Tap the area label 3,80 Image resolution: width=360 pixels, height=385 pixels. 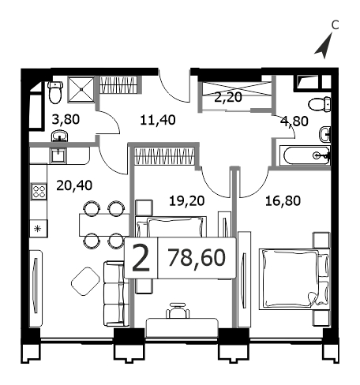coord(66,119)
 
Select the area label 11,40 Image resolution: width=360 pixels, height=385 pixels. coord(158,120)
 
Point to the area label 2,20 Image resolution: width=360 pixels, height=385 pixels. coord(228,98)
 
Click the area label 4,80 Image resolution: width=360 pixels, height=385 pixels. coord(294,121)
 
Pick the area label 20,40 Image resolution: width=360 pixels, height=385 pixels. coord(74,185)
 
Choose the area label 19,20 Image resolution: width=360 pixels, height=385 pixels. coord(187,201)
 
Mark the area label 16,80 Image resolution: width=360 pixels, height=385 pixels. coord(283,201)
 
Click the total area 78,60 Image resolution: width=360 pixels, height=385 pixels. coord(197,258)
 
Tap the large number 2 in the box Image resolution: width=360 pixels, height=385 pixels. coord(141,257)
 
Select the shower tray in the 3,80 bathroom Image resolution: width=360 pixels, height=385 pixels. coord(81,90)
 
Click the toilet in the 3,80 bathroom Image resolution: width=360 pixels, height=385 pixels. coord(55,92)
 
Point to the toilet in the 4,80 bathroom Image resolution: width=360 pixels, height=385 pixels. coord(320,105)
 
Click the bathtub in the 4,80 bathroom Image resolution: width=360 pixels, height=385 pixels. coord(306,155)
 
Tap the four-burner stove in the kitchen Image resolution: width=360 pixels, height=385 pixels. coord(39,191)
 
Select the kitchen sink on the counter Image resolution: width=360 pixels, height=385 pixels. coord(58,155)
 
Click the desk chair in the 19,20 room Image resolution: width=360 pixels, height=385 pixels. coord(178,311)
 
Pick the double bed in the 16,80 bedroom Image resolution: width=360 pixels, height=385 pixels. coord(294,279)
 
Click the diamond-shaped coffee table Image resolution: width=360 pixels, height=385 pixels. coord(85,281)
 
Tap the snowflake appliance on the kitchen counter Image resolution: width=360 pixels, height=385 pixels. coord(39,229)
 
